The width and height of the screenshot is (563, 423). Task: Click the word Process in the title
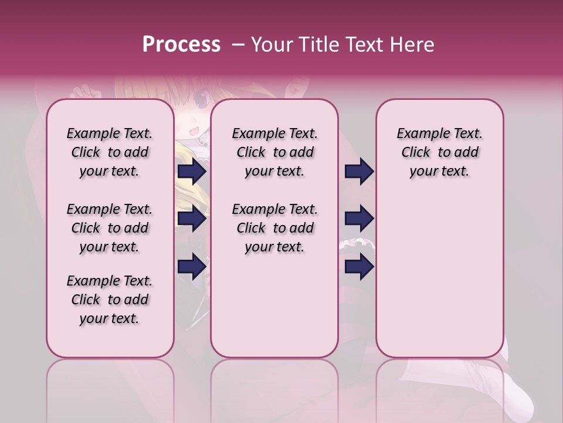181,45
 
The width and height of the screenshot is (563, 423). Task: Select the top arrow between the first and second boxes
192,172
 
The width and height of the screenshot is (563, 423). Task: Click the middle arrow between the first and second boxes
192,219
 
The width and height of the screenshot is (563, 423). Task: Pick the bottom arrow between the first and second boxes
192,267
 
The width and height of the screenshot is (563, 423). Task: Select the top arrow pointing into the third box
359,172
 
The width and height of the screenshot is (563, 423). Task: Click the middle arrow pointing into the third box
359,219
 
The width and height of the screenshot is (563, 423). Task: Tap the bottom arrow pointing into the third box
359,267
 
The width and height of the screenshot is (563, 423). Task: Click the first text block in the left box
110,152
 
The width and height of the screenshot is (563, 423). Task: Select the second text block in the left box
110,228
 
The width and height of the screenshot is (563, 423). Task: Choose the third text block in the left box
110,300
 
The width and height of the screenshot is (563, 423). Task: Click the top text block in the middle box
274,152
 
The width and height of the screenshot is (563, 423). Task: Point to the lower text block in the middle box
274,228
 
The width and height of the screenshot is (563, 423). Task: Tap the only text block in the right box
439,152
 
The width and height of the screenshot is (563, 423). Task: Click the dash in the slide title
238,45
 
